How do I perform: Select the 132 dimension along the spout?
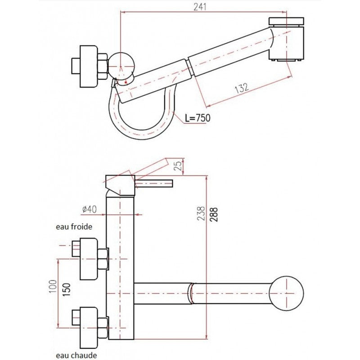[x=242, y=88]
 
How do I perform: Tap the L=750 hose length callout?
[x=198, y=118]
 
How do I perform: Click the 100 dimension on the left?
[x=52, y=286]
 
